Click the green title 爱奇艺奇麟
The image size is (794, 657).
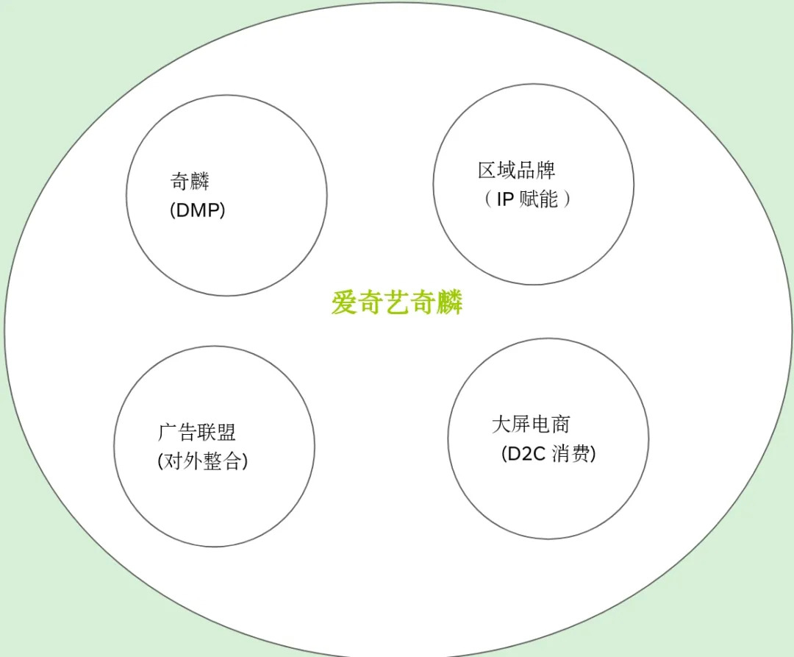click(397, 302)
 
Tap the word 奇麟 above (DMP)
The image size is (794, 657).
click(190, 180)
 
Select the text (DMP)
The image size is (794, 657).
click(197, 210)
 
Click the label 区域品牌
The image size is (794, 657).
click(516, 170)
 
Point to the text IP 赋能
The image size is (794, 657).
click(527, 199)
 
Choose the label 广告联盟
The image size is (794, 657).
click(197, 432)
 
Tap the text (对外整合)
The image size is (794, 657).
click(203, 461)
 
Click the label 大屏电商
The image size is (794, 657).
click(531, 424)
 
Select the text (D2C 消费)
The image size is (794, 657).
click(548, 454)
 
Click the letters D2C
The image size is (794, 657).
click(524, 454)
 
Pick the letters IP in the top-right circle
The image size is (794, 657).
click(505, 199)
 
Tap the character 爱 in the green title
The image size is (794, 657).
click(344, 302)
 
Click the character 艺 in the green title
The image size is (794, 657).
click(397, 302)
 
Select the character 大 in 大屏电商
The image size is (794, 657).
click(501, 424)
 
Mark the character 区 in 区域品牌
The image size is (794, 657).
click(487, 170)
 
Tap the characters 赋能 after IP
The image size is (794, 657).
click(539, 199)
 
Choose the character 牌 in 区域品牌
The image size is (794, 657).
click(546, 170)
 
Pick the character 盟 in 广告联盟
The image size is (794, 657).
click(226, 432)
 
